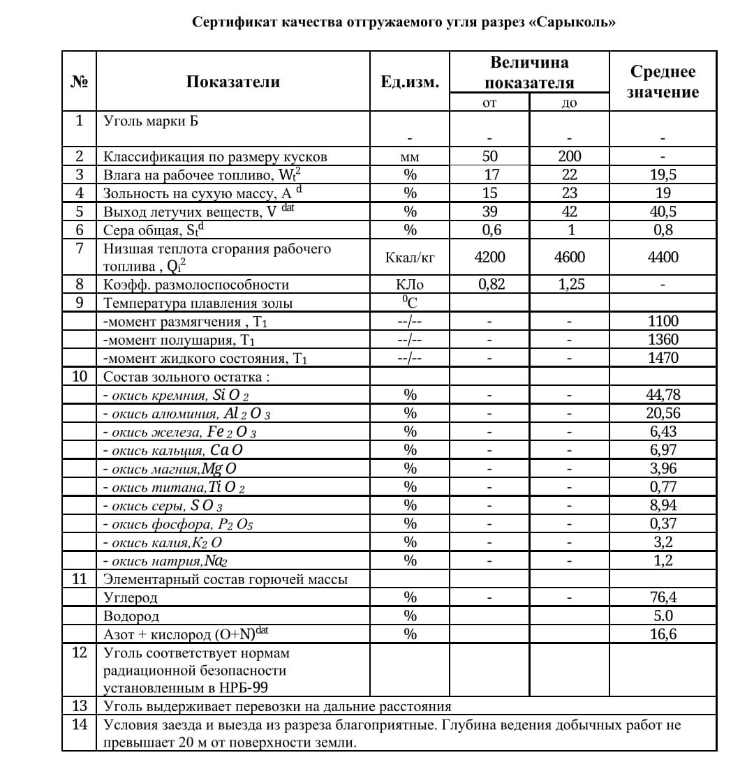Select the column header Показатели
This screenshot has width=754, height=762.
pos(233,82)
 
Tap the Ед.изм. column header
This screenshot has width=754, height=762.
pos(410,82)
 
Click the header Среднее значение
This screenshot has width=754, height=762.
pos(663,82)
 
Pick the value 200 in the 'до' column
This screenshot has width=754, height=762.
pos(570,156)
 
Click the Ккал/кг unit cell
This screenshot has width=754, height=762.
pos(410,257)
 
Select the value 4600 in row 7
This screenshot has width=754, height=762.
pos(570,257)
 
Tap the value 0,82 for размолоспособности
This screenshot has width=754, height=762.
pos(489,285)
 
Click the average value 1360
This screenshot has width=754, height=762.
pos(663,340)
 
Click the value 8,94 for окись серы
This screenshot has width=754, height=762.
pos(663,505)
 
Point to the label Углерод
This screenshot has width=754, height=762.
pos(131,598)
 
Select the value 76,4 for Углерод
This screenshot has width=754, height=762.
pos(663,597)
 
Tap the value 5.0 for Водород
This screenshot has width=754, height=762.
pos(663,616)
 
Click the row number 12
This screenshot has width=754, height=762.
pos(80,652)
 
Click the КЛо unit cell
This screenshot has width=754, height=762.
pos(410,285)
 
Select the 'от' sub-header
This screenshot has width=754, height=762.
pos(489,103)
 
